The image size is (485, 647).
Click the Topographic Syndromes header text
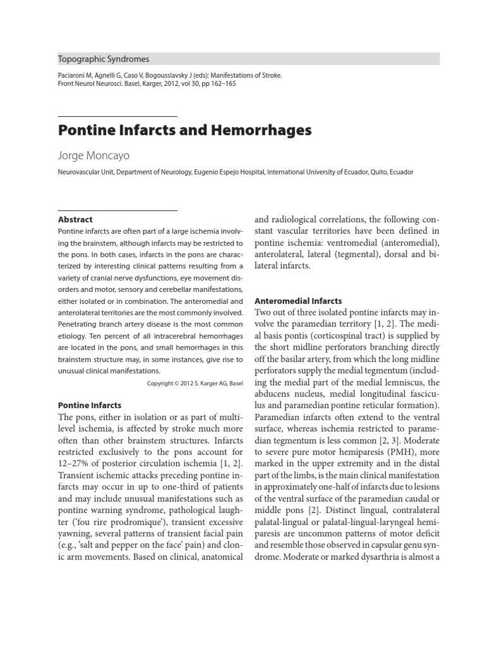tap(104, 59)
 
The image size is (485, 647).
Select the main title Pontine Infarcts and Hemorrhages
tap(185, 131)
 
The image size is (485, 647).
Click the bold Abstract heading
tap(75, 220)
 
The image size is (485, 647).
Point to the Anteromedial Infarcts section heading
tap(298, 301)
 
